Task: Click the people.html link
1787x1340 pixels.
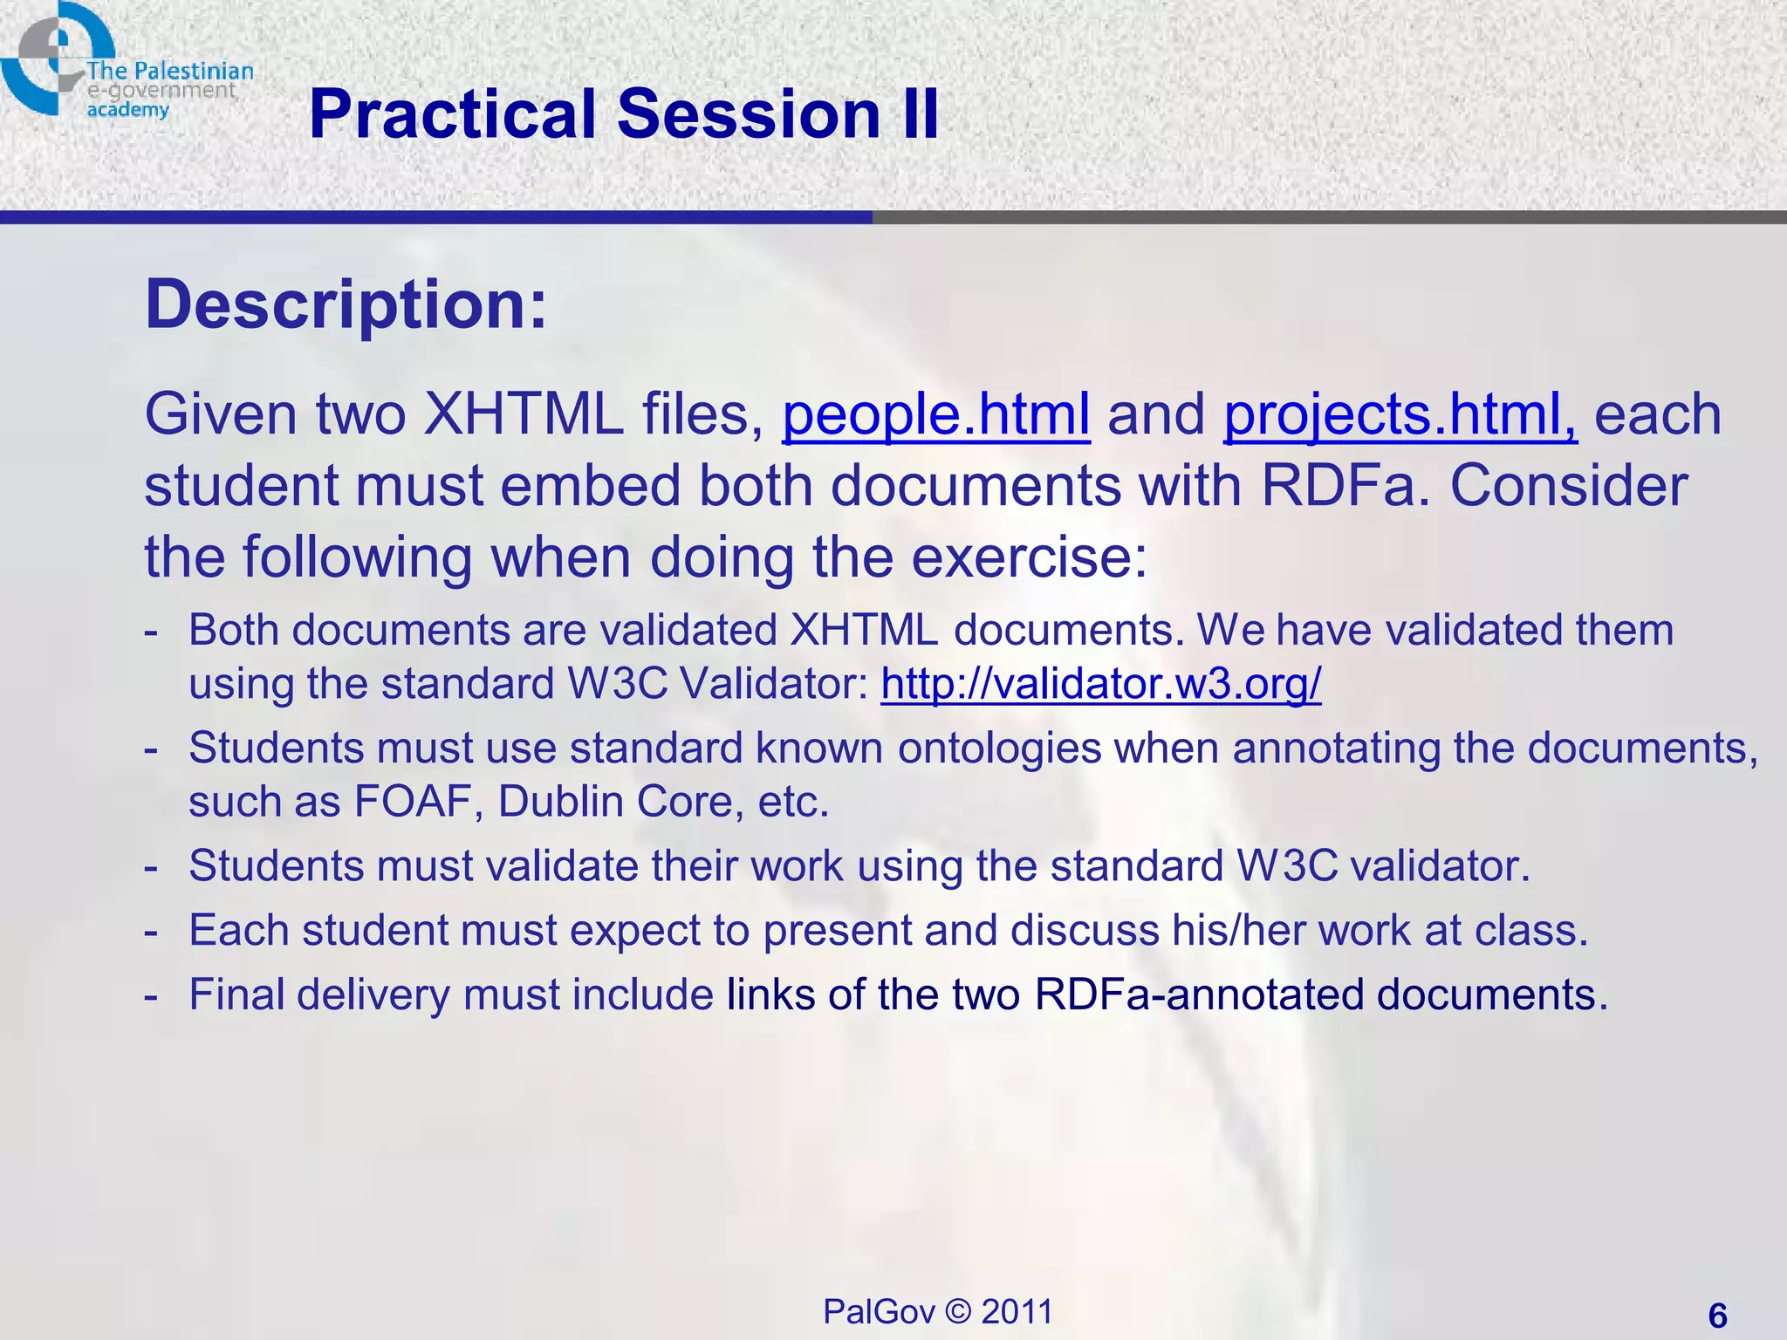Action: point(935,414)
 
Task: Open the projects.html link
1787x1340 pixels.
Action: point(1400,414)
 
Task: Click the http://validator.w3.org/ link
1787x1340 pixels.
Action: point(1100,683)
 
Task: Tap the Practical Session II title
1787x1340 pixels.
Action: point(624,114)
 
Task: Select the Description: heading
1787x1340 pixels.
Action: point(346,304)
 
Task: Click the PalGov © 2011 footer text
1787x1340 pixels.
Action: point(938,1311)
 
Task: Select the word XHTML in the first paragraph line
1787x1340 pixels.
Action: point(524,414)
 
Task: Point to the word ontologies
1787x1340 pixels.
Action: point(1000,748)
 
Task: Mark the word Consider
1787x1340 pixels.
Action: point(1568,486)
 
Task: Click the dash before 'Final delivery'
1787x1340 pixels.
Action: point(152,995)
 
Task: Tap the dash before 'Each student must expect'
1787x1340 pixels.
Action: point(152,931)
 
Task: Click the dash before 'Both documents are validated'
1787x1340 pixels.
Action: point(152,631)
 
